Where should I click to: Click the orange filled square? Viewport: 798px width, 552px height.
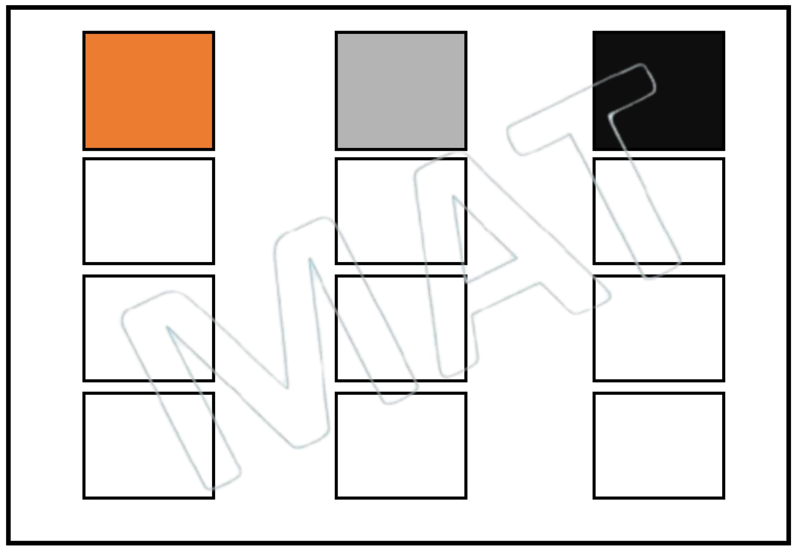[x=148, y=91]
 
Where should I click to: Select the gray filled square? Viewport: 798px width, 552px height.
[x=401, y=91]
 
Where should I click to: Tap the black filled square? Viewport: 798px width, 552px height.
[x=658, y=91]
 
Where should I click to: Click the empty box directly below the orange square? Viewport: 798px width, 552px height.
[x=148, y=211]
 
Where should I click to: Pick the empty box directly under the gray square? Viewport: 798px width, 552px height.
[x=401, y=211]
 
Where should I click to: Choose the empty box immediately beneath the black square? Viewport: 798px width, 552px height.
[x=658, y=211]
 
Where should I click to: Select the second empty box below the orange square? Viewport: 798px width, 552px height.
[x=148, y=328]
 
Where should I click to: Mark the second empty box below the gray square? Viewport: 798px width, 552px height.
[x=401, y=328]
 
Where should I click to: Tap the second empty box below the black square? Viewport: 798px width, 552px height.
[x=658, y=328]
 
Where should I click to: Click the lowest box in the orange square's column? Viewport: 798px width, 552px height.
[x=148, y=445]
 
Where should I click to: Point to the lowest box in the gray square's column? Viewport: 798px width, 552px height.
[x=401, y=445]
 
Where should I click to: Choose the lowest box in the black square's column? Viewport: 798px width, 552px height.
[x=658, y=445]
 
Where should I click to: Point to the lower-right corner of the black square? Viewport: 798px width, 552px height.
[x=724, y=149]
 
